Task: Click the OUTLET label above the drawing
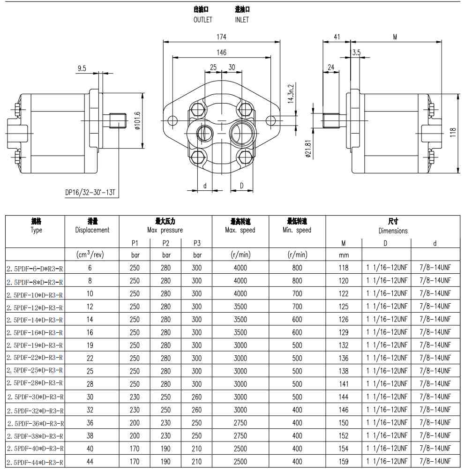(202, 20)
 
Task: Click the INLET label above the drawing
(242, 20)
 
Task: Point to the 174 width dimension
(221, 37)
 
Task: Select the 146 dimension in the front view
(221, 52)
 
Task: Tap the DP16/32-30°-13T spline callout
(90, 192)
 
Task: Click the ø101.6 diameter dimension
(137, 120)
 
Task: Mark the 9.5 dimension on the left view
(82, 68)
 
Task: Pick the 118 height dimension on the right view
(453, 133)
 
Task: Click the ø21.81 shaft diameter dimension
(308, 149)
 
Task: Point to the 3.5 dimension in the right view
(356, 52)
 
